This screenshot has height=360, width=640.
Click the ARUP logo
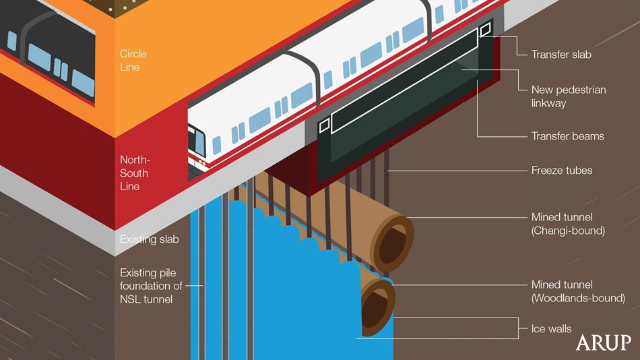point(604,342)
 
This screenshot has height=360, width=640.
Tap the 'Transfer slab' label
point(561,55)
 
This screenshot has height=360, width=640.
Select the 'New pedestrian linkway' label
point(558,96)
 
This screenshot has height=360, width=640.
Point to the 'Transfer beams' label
point(567,136)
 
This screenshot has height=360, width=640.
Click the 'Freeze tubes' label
point(561,171)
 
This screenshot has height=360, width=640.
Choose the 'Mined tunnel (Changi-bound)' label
point(568,224)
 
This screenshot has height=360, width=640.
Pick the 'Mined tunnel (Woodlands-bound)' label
point(577,291)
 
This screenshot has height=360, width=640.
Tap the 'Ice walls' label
point(551,329)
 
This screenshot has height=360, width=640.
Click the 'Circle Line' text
point(133,61)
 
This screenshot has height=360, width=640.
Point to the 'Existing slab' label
point(150,239)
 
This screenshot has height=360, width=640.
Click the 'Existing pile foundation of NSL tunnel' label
point(151,286)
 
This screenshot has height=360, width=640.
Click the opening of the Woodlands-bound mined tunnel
point(376,307)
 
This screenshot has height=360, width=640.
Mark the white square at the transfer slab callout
point(486,30)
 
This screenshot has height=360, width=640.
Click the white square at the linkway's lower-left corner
point(324,125)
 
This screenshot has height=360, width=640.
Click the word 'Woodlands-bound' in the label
point(578,298)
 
